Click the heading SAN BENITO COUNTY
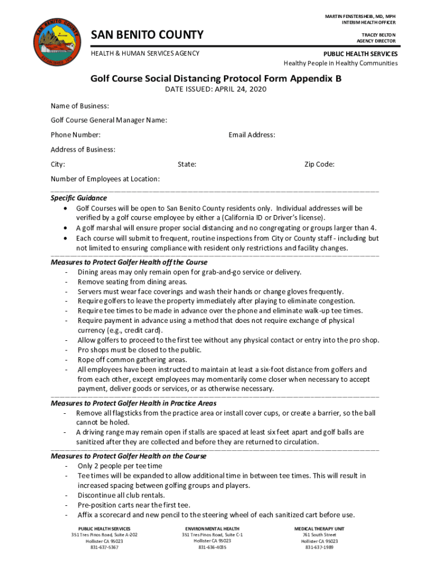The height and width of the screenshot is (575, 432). point(147,35)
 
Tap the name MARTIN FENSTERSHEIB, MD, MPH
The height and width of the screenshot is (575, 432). point(360,16)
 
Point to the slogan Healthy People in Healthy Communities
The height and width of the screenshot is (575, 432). point(341,63)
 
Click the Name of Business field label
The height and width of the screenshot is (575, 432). point(80,106)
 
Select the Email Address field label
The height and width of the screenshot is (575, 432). point(252,135)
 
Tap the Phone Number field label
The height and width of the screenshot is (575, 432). point(76,135)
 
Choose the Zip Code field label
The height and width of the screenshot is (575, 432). point(319,165)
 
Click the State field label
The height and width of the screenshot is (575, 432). point(187,165)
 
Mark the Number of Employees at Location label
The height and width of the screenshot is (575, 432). point(105,179)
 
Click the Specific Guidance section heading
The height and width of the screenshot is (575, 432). point(79,198)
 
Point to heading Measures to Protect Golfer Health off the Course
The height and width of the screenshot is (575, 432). point(129,262)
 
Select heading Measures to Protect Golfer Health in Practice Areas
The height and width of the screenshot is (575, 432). point(134,403)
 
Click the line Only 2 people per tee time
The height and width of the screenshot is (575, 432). point(120,466)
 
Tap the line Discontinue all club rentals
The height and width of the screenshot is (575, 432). point(121,495)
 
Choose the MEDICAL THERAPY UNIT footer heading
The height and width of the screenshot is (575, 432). point(319,529)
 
